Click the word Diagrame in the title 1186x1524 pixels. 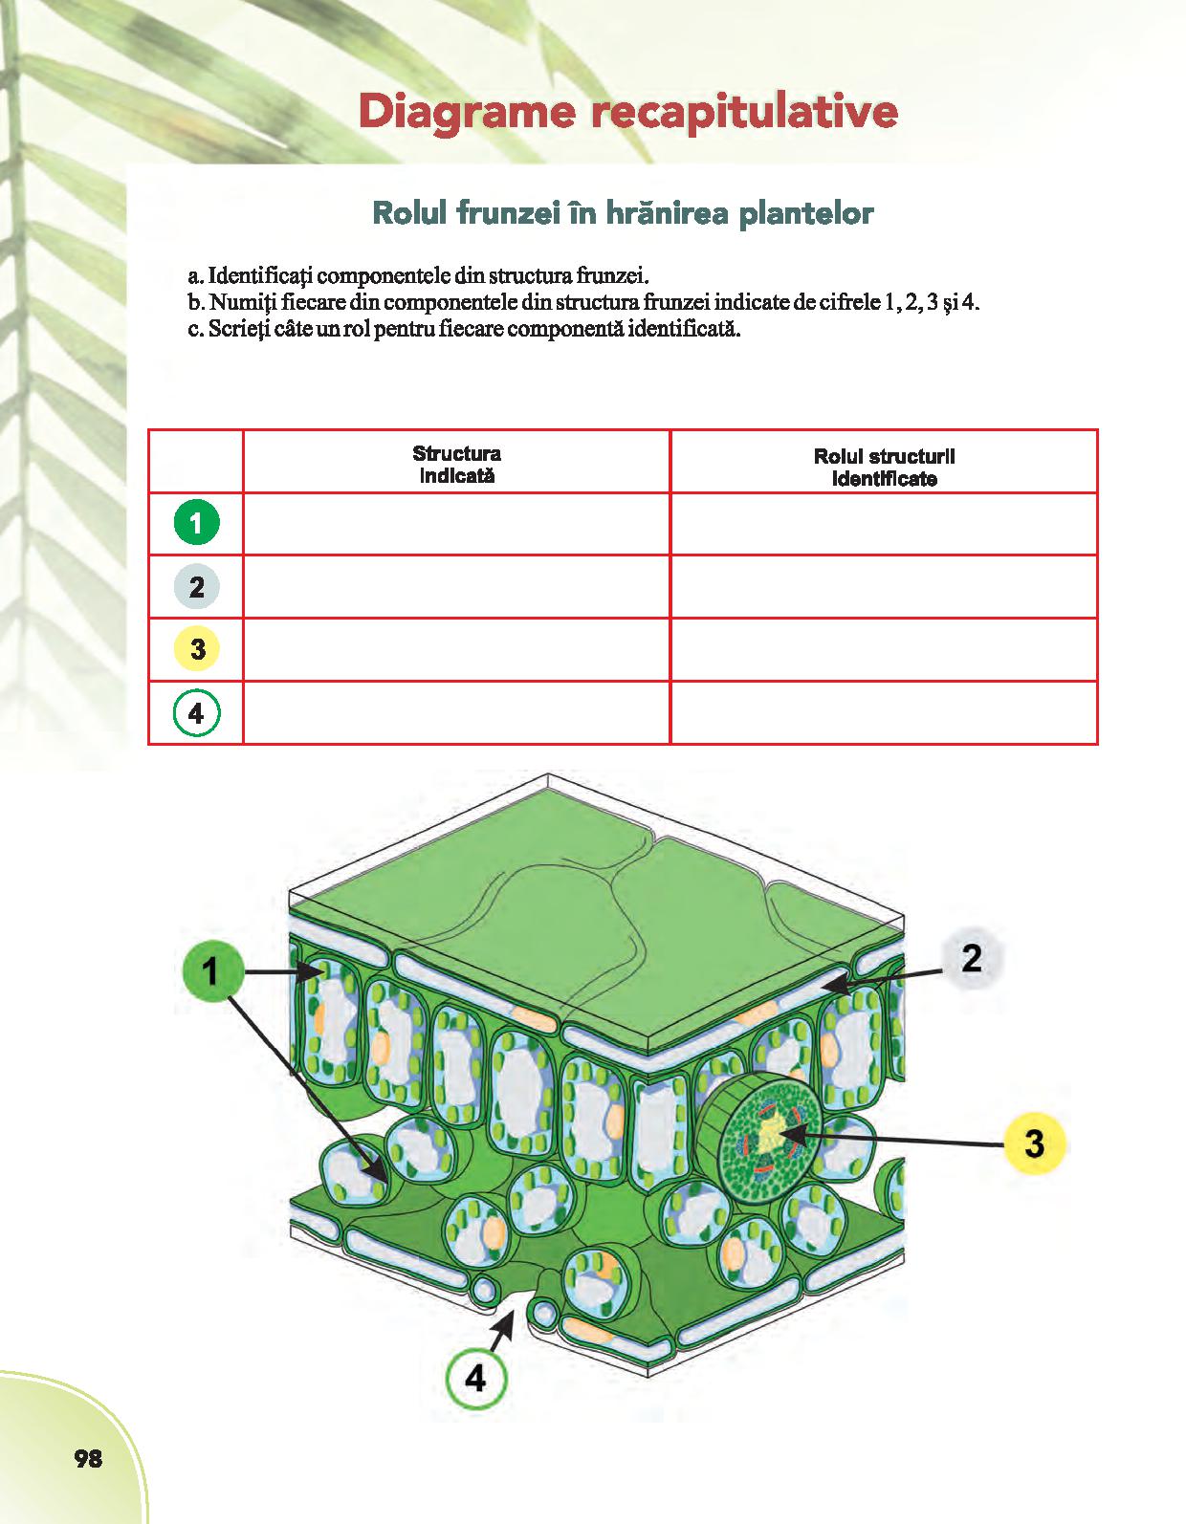pyautogui.click(x=467, y=112)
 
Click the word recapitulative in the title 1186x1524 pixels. pyautogui.click(x=744, y=112)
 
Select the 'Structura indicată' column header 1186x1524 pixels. pyautogui.click(x=457, y=464)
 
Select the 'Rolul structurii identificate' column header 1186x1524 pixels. pyautogui.click(x=884, y=468)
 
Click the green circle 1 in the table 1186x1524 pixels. pyautogui.click(x=197, y=523)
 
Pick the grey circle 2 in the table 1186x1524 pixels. pyautogui.click(x=197, y=586)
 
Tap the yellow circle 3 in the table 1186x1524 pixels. pyautogui.click(x=197, y=649)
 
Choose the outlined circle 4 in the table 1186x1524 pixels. pyautogui.click(x=197, y=713)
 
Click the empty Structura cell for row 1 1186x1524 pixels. pyautogui.click(x=457, y=524)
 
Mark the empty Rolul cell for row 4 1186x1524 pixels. pyautogui.click(x=884, y=712)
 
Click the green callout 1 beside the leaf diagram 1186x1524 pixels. pyautogui.click(x=211, y=972)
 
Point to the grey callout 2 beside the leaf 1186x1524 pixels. pyautogui.click(x=972, y=958)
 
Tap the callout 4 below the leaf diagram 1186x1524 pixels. pyautogui.click(x=475, y=1379)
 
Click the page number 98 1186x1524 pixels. pyautogui.click(x=88, y=1459)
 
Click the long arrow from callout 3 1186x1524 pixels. pyautogui.click(x=899, y=1139)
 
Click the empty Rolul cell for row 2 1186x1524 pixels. pyautogui.click(x=884, y=586)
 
